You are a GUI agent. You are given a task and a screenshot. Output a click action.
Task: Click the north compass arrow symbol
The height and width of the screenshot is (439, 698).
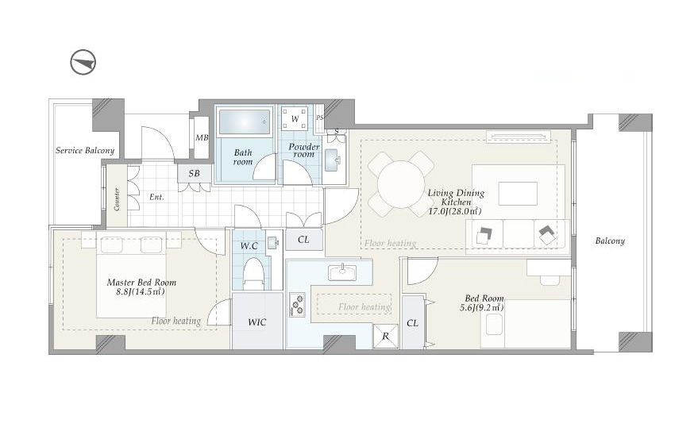click(83, 62)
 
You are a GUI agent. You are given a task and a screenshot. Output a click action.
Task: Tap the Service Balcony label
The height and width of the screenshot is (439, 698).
click(85, 151)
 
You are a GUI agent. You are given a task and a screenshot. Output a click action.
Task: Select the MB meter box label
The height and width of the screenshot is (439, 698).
click(202, 137)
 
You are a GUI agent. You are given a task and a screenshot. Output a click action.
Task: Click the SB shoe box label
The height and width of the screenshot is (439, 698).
click(194, 173)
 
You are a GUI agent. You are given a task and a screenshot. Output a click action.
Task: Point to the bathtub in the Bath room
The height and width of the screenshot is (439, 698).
click(245, 121)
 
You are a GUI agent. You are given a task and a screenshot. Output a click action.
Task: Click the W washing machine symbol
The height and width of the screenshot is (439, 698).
click(295, 118)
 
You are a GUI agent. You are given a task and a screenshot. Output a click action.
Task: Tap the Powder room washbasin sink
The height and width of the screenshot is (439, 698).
click(333, 160)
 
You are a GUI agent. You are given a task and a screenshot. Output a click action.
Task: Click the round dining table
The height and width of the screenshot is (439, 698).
click(401, 184)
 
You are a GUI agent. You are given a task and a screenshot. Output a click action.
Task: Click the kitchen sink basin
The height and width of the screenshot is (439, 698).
click(342, 272)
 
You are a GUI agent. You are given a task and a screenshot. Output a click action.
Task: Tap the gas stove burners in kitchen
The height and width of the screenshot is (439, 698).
click(297, 305)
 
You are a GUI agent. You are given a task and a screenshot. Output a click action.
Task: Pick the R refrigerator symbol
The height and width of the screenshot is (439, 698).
click(385, 336)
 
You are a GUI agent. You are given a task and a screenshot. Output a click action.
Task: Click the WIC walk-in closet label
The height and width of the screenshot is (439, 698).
click(256, 322)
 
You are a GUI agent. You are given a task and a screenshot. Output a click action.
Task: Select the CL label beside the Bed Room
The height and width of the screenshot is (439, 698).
click(412, 323)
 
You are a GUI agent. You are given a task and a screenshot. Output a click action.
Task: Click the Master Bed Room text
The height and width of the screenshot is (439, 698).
click(141, 283)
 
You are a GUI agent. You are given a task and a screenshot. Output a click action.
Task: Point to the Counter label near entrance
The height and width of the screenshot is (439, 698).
click(117, 199)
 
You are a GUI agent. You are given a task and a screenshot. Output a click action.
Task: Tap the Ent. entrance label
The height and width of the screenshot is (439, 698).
click(156, 197)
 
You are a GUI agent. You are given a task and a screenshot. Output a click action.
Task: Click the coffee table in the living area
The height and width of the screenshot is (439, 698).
click(518, 194)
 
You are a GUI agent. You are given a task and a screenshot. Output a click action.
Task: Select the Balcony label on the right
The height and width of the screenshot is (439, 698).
click(610, 241)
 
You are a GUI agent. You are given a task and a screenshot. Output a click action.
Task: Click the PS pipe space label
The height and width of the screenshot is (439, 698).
click(320, 118)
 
